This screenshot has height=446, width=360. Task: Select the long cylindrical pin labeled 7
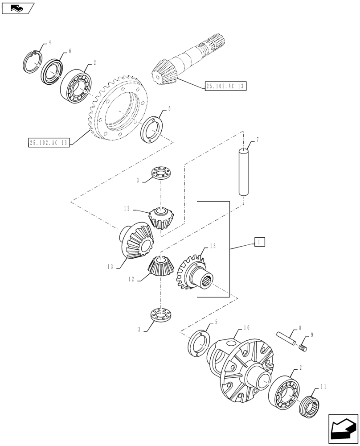244,172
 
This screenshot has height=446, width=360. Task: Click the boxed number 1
260,242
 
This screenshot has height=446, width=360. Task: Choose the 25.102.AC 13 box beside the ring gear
48,143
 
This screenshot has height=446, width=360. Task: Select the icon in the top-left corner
18,8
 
